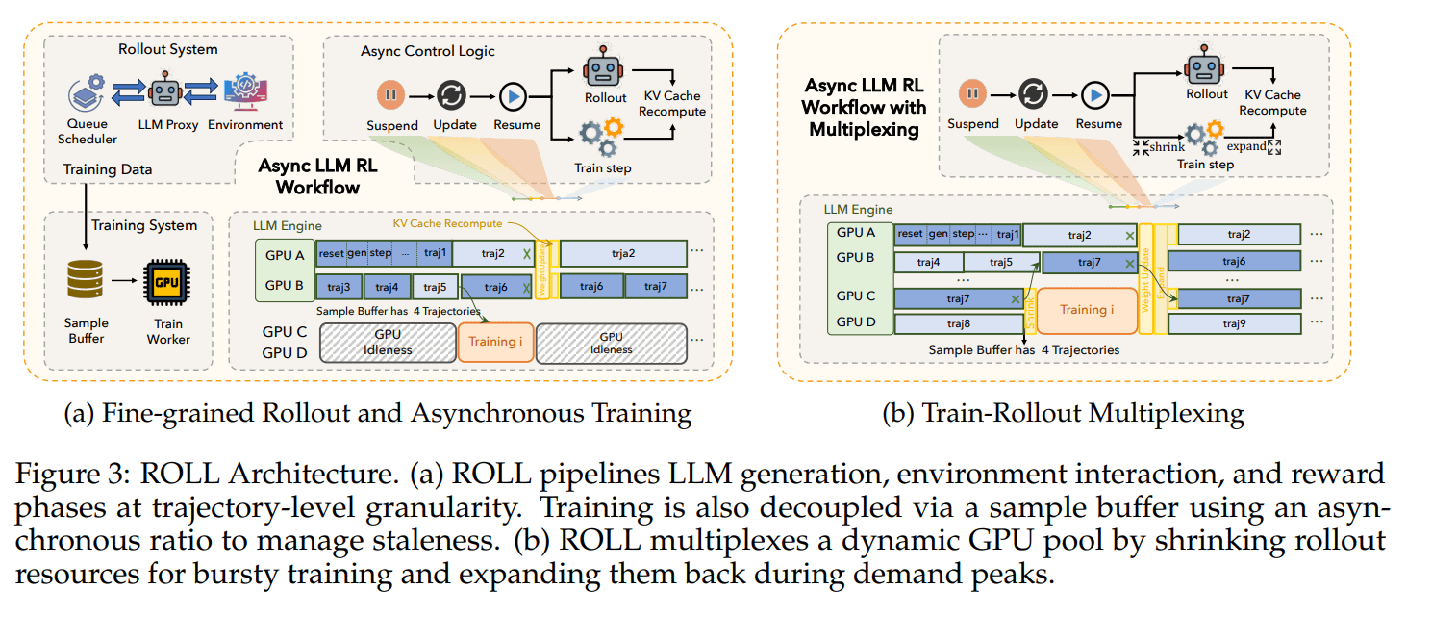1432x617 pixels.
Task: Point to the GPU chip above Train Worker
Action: pos(167,281)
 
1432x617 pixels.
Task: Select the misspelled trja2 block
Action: pos(622,253)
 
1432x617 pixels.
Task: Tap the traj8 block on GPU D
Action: pos(959,323)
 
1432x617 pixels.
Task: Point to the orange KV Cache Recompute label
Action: pos(447,223)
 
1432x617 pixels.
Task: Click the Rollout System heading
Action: pos(167,49)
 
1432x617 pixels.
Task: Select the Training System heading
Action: pos(144,225)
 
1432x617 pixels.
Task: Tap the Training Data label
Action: pos(108,169)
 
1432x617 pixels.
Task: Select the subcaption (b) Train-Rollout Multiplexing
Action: pos(1063,414)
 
